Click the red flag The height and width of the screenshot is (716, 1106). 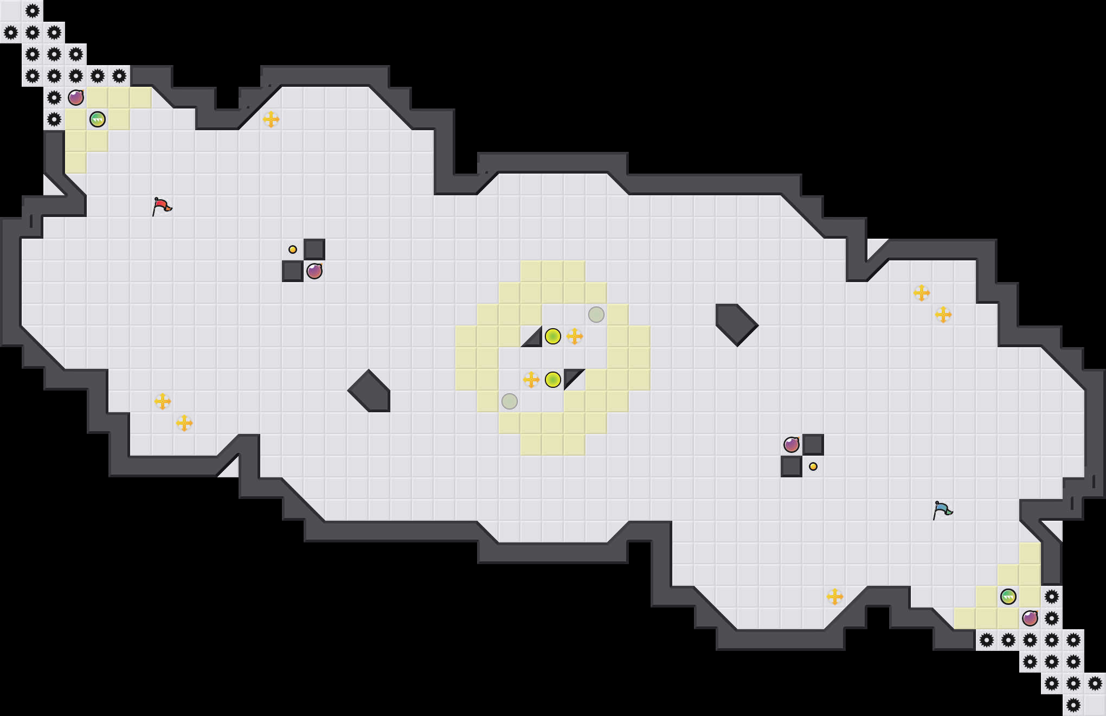click(x=162, y=206)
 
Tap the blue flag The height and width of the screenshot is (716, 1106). click(x=942, y=510)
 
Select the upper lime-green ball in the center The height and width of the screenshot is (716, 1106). click(x=552, y=336)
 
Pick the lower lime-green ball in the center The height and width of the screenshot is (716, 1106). click(x=552, y=380)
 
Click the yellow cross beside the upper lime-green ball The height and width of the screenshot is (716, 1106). click(x=575, y=336)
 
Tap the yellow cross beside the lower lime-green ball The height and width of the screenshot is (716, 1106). click(x=531, y=380)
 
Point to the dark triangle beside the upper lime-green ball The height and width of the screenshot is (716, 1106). click(x=534, y=339)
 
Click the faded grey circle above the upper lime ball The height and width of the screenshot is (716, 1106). click(x=596, y=315)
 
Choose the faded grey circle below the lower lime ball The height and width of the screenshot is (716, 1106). click(x=510, y=401)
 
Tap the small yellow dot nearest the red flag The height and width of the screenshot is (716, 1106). click(x=293, y=250)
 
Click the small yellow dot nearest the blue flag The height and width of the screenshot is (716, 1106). click(x=813, y=466)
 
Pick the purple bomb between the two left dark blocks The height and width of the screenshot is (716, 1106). click(x=314, y=271)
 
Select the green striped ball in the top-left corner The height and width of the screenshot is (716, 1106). click(x=98, y=119)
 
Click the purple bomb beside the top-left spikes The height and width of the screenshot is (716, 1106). click(x=76, y=98)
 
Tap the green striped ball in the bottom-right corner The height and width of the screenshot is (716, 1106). click(x=1008, y=597)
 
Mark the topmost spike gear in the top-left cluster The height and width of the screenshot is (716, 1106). click(x=33, y=11)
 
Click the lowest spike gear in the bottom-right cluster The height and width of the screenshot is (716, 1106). click(x=1073, y=705)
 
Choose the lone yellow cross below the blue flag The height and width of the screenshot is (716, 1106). click(x=835, y=597)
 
